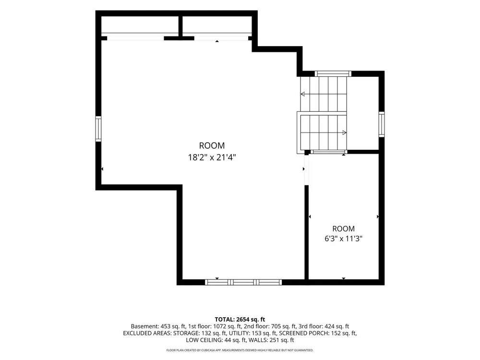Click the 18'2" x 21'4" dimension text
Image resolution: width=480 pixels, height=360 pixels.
pyautogui.click(x=212, y=157)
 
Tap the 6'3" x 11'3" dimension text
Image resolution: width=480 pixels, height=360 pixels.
pyautogui.click(x=344, y=239)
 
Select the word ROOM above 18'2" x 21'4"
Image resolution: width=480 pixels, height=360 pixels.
pyautogui.click(x=212, y=145)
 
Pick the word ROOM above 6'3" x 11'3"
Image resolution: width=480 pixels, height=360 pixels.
pyautogui.click(x=344, y=228)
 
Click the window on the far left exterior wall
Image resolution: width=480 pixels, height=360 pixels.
pyautogui.click(x=98, y=129)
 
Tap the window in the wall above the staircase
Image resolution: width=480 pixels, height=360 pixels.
pyautogui.click(x=333, y=73)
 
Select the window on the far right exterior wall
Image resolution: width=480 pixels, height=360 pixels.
pyautogui.click(x=382, y=124)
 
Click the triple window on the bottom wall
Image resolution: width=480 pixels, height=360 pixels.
pyautogui.click(x=243, y=282)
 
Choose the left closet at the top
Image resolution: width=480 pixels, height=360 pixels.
pyautogui.click(x=140, y=26)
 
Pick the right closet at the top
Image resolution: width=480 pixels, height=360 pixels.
pyautogui.click(x=217, y=26)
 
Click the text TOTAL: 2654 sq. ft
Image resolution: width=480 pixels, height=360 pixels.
pyautogui.click(x=240, y=320)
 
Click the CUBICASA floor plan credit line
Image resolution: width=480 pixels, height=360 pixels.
pyautogui.click(x=240, y=350)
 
